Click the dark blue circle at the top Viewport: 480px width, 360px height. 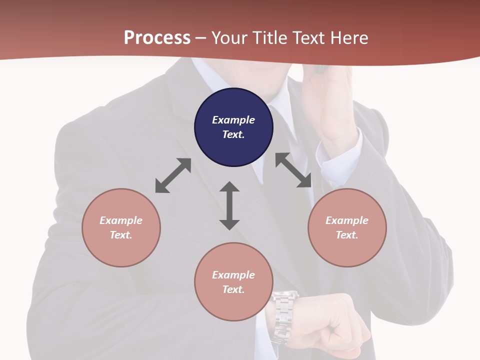tap(233, 127)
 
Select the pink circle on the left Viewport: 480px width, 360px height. tap(121, 227)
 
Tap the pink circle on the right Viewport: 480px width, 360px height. tap(347, 227)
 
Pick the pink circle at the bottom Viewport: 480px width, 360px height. tap(233, 282)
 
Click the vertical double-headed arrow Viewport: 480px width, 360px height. tap(229, 205)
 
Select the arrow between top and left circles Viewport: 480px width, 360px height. tap(173, 175)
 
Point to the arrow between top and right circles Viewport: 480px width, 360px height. tap(293, 170)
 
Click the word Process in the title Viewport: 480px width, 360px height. tap(157, 38)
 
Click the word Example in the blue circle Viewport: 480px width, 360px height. tap(233, 120)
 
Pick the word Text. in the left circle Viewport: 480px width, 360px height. tap(121, 235)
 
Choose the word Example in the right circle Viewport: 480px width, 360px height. tap(347, 220)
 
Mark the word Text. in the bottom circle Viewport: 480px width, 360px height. tap(233, 289)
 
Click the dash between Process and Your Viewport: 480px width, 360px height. tap(201, 38)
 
